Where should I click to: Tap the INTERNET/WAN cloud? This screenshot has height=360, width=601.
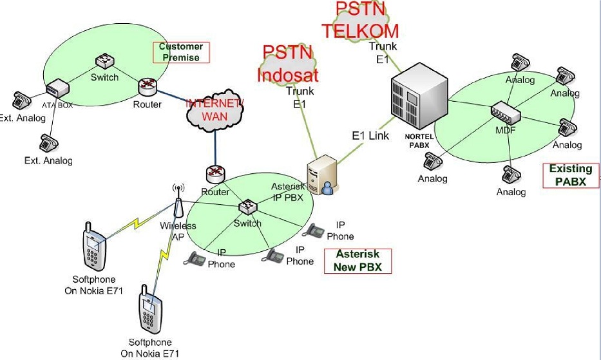tap(215, 110)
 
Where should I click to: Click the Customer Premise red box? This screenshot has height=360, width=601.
tap(180, 52)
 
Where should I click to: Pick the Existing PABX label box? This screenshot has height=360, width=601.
tap(570, 175)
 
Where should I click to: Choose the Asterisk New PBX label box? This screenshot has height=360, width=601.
tap(358, 260)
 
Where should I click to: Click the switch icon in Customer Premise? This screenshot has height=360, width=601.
tap(104, 62)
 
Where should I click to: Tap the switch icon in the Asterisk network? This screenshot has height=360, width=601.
tap(247, 207)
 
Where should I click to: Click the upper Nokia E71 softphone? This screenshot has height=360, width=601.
tap(94, 247)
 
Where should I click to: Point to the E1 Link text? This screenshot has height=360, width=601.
tap(370, 136)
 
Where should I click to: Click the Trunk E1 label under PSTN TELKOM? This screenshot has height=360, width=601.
tap(383, 52)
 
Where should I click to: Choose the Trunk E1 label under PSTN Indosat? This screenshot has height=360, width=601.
tap(300, 97)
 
